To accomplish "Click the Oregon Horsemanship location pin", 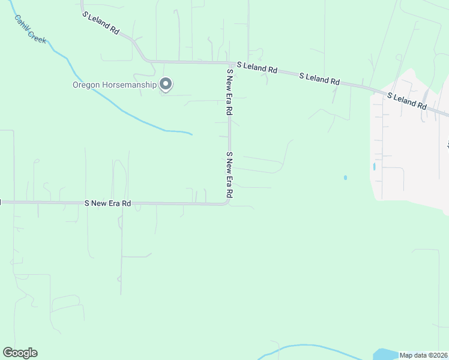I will pos(166,85).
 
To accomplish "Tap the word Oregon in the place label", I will pos(85,85).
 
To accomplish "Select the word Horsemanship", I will pos(128,85).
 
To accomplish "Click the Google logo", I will pos(20,353).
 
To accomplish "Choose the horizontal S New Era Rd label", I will pos(108,203).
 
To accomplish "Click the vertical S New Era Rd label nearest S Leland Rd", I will pos(229,92).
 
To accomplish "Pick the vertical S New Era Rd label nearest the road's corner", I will pos(229,175).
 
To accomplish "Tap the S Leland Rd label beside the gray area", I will pos(406,100).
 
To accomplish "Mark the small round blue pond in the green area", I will pos(345,178).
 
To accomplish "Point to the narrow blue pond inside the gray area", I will pos(374,166).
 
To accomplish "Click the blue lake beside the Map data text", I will pos(384,354).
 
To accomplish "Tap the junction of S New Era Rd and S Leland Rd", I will pos(229,62).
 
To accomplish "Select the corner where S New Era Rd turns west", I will pos(227,203).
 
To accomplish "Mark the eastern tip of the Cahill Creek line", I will pos(191,133).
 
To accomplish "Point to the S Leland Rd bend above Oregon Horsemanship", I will pos(143,56).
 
